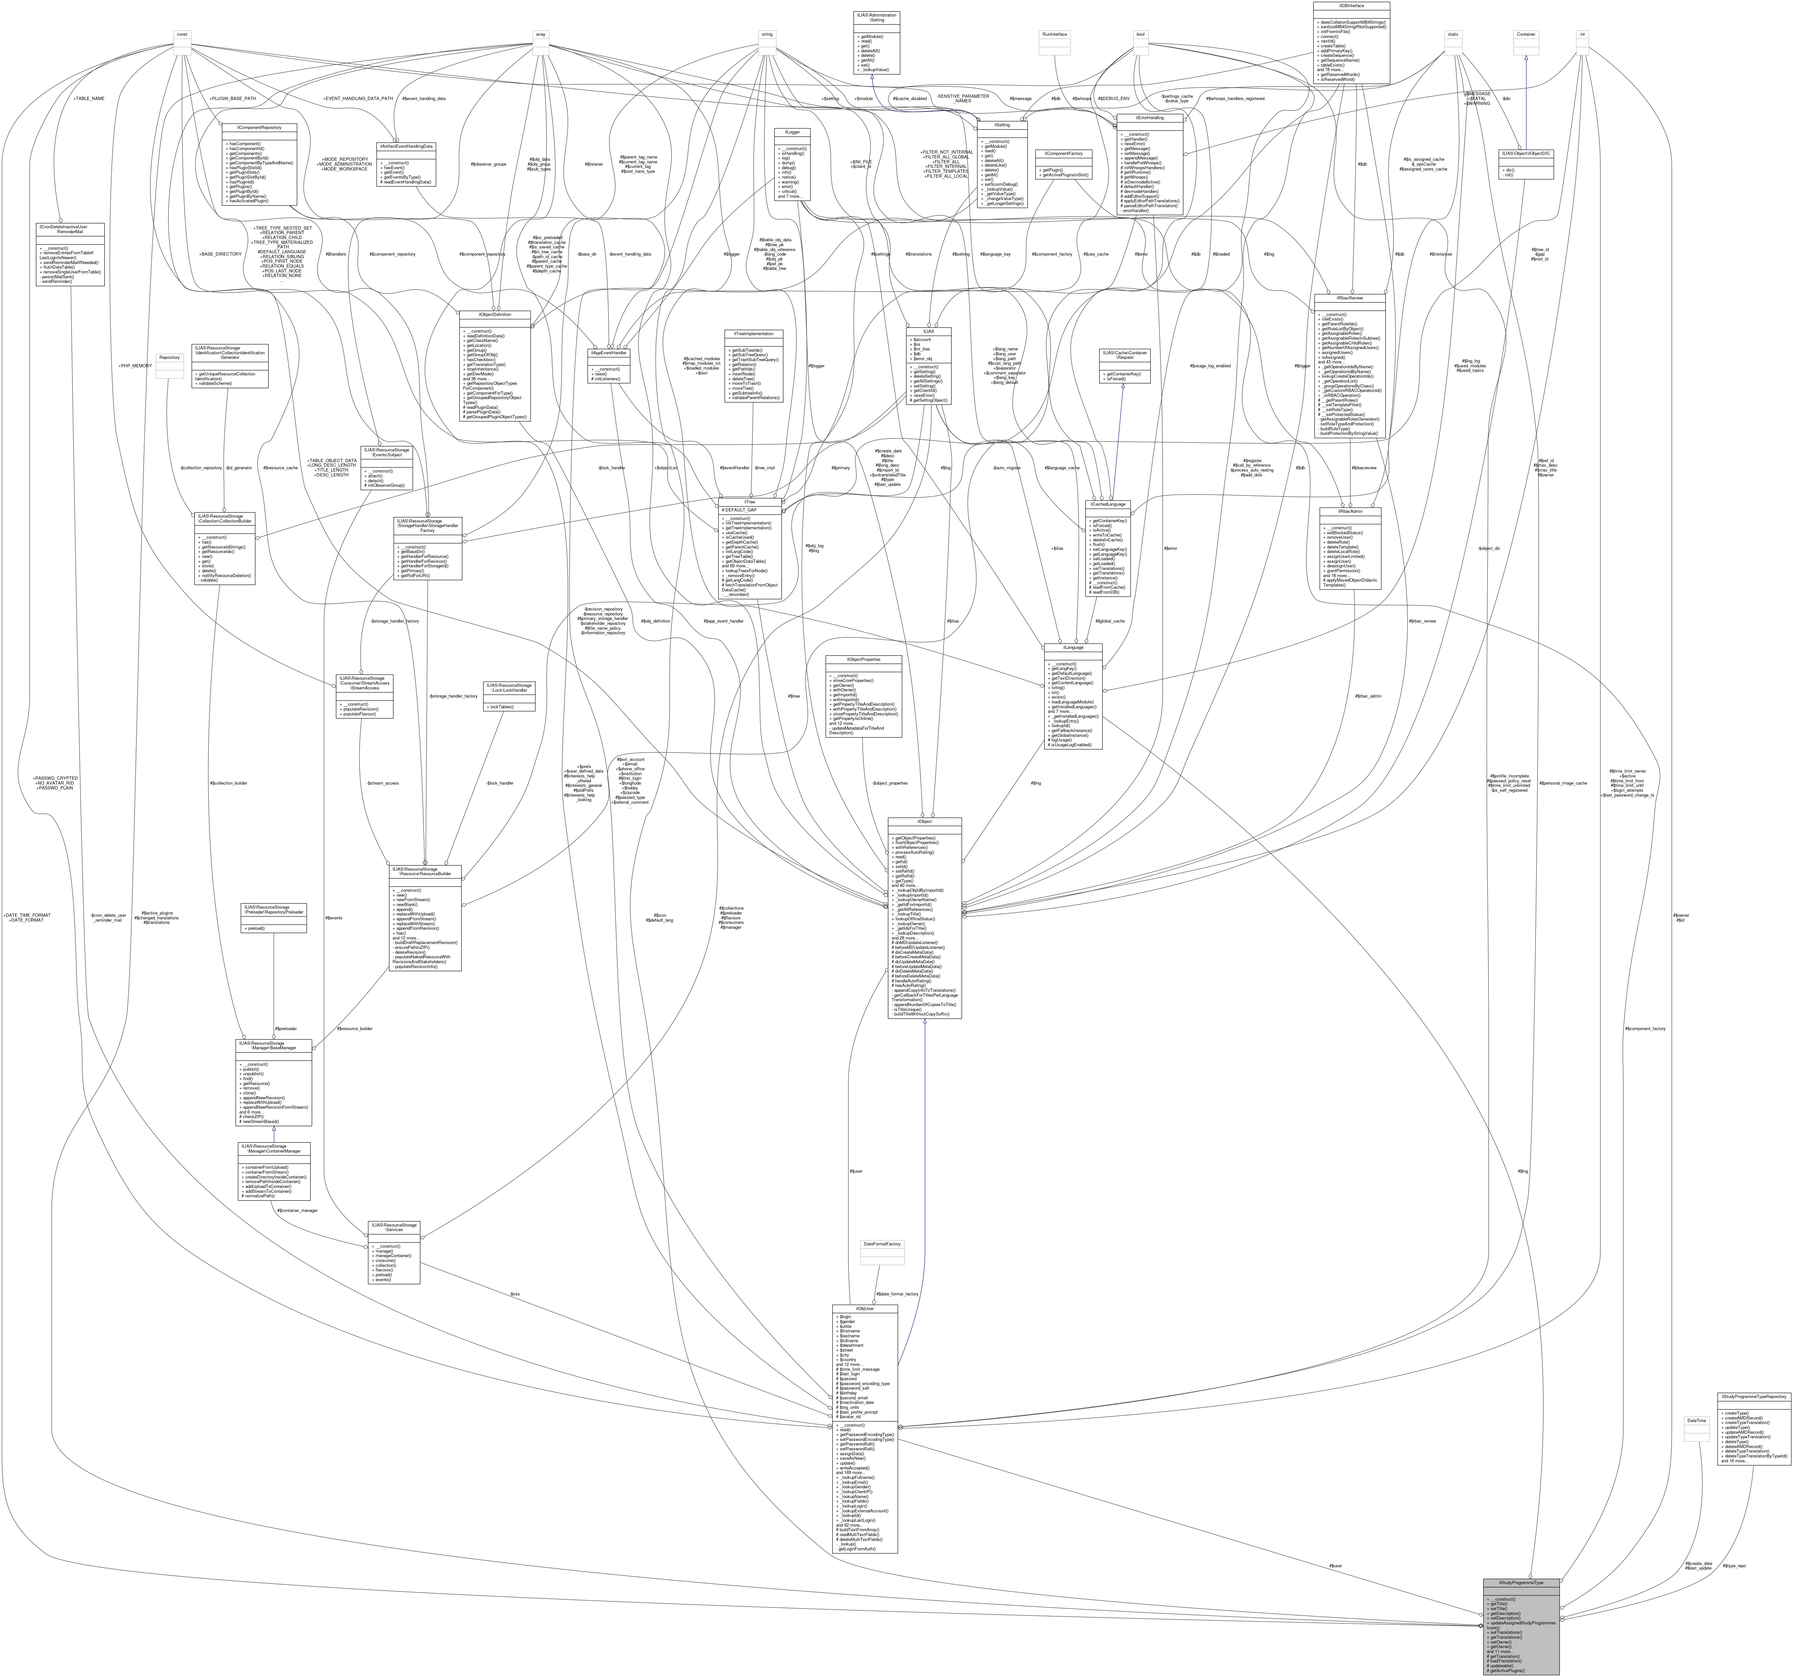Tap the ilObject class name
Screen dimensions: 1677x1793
tap(924, 822)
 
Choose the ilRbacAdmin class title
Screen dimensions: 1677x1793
tap(1350, 511)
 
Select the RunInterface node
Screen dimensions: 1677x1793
tap(1054, 34)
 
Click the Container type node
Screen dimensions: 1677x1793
tap(1525, 34)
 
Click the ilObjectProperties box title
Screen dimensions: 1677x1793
tap(863, 660)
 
